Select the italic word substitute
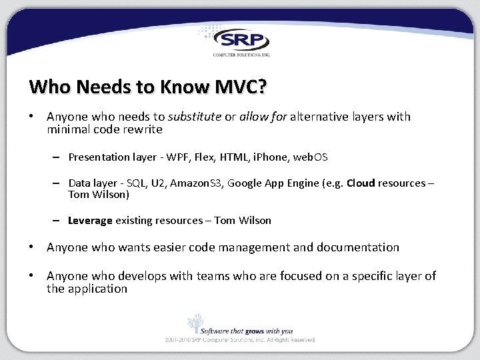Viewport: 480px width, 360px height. pos(195,117)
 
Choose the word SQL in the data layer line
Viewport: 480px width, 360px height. pos(140,183)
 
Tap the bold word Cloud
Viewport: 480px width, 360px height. pos(361,183)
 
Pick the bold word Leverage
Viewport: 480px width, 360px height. pos(90,221)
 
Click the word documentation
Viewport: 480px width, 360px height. pos(358,247)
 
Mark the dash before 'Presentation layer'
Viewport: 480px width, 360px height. pos(58,157)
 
